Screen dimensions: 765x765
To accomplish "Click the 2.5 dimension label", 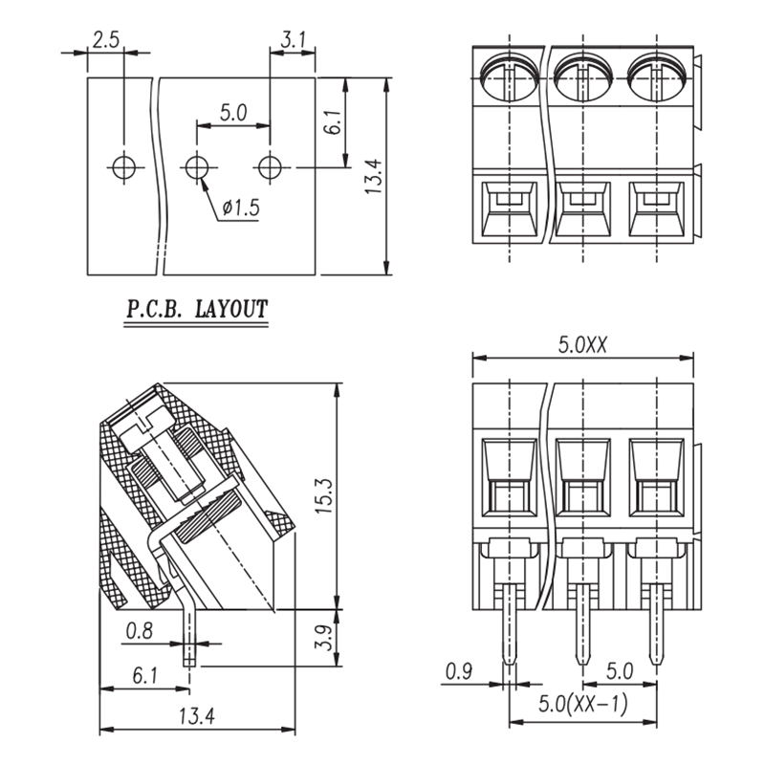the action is coord(106,39).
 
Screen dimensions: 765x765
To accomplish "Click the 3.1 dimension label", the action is coord(294,39).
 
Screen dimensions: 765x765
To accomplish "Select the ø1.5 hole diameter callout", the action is coord(241,208).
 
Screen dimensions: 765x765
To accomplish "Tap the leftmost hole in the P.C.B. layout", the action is coord(124,167).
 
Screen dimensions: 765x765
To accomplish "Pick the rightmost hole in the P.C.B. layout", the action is coord(270,167).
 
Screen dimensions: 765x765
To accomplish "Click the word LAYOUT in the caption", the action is coord(231,309).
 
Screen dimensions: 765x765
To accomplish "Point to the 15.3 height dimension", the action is coord(323,495).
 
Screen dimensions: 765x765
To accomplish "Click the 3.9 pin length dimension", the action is coord(323,638).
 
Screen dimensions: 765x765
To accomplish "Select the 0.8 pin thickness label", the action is coord(140,631).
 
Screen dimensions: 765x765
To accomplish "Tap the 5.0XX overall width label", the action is coord(582,345).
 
